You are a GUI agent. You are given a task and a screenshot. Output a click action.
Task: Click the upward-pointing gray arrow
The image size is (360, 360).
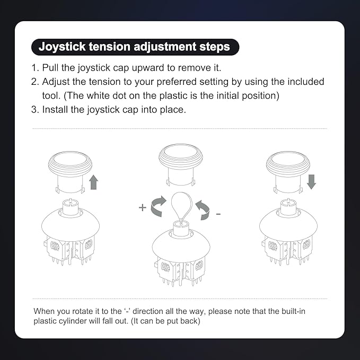[x=93, y=182]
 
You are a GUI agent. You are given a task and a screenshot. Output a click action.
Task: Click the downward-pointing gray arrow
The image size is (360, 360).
[x=311, y=182]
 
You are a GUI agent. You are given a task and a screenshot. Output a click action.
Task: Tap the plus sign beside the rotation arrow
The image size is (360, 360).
[x=143, y=207]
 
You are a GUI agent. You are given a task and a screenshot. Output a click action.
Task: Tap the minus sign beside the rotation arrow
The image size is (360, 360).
[x=218, y=214]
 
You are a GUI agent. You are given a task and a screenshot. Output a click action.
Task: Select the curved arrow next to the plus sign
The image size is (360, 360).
[x=158, y=206]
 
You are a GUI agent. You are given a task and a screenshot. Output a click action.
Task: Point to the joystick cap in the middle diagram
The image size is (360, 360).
[x=181, y=165]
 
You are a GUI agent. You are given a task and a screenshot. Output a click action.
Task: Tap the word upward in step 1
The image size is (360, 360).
[x=148, y=68]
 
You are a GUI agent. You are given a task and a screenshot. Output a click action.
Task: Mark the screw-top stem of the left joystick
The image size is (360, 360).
[x=71, y=207]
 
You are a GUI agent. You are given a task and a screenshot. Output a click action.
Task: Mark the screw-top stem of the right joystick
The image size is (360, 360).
[x=288, y=207]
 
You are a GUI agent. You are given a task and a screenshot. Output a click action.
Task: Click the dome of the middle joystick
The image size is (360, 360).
[x=181, y=244]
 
